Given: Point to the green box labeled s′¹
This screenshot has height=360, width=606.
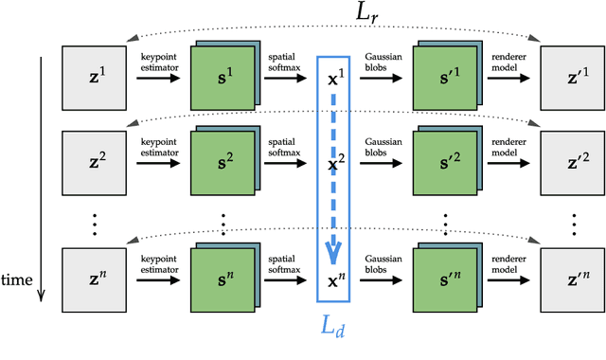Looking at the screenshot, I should click(442, 77).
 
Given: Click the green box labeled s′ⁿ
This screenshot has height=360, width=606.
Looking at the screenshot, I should click(442, 280).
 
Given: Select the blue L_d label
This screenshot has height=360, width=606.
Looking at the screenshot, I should click(337, 332).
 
